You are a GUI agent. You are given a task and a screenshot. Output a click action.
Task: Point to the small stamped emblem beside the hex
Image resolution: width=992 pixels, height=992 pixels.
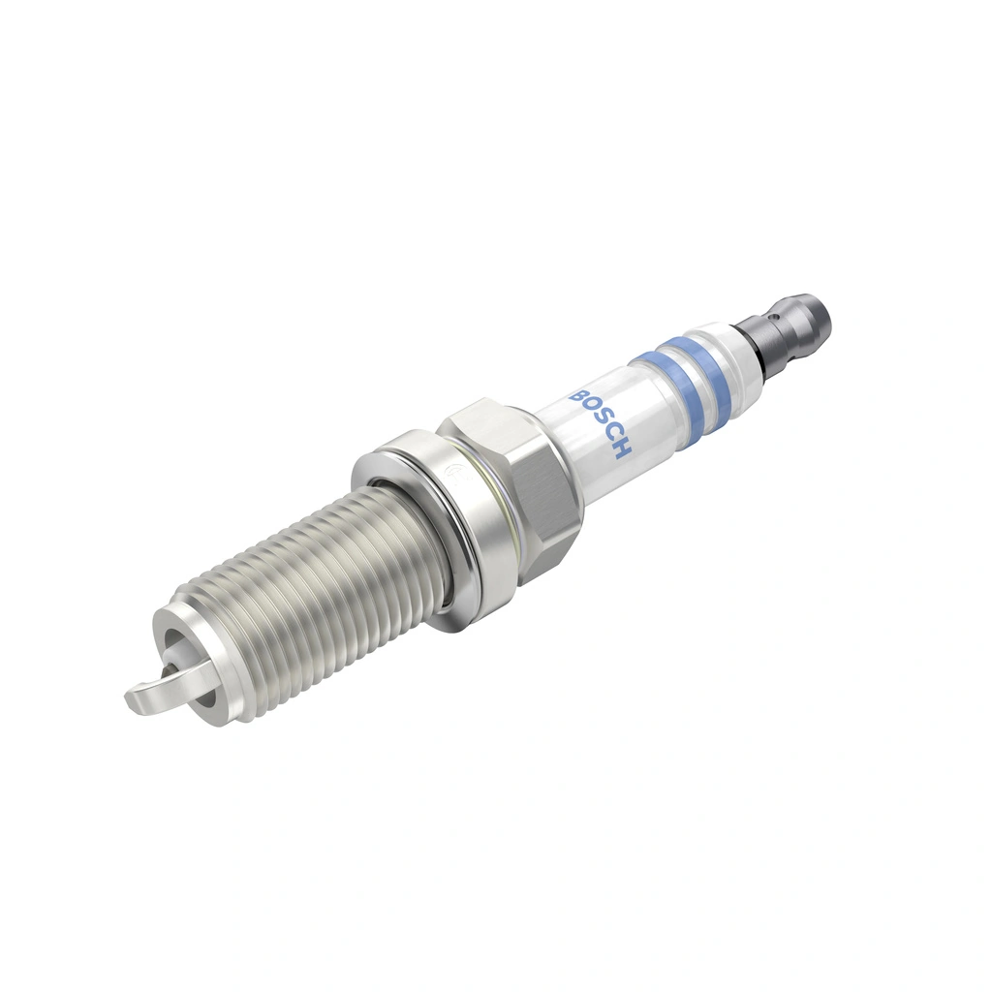point(450,476)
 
